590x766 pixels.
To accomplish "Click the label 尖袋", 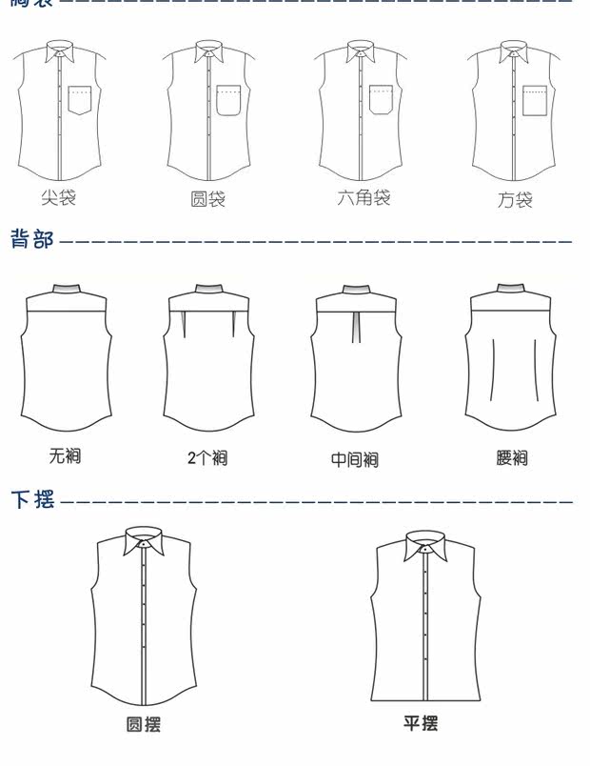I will coord(58,198).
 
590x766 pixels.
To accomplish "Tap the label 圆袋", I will coord(208,199).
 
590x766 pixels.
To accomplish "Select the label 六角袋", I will coord(364,198).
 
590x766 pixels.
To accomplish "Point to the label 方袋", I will coord(515,199).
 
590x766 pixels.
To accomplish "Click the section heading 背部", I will coord(31,239).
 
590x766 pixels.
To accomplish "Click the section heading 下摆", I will coord(32,498).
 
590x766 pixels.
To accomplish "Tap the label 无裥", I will coord(65,455).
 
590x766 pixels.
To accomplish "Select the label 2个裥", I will coord(207,458).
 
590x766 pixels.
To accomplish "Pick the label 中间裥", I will coord(355,459).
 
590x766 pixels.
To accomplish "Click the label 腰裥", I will coord(512,458).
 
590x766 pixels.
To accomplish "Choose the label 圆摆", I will coord(144,725).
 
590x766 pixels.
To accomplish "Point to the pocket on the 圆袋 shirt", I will coord(228,100).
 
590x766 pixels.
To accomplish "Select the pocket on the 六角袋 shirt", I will coord(382,100).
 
